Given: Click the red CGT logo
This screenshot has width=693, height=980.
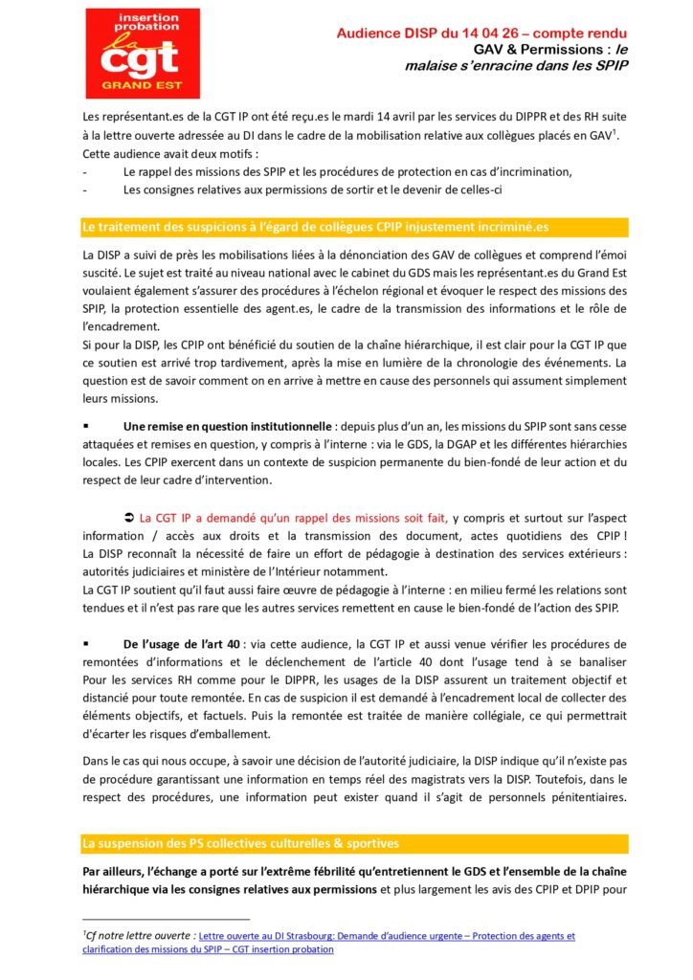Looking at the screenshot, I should (x=143, y=53).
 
